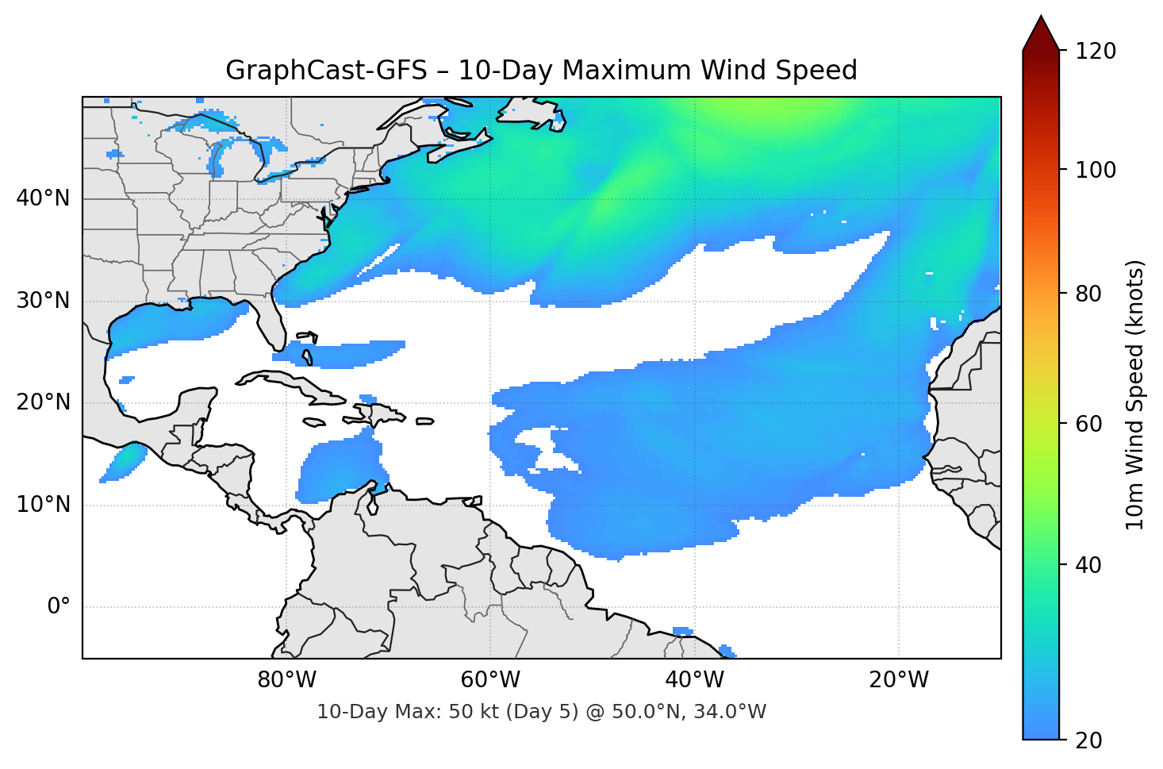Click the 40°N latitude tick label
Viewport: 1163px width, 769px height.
tap(43, 198)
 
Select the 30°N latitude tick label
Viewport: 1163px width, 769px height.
tap(43, 301)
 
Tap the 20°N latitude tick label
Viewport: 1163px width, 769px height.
tap(43, 402)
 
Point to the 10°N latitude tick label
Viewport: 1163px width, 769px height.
tap(43, 505)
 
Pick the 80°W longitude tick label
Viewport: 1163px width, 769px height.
tap(286, 680)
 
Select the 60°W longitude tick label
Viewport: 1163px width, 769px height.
tap(490, 680)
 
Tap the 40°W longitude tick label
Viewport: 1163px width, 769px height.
tap(695, 680)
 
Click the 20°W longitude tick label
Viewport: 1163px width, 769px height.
tap(899, 680)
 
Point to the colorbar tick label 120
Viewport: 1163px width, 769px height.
tap(1096, 52)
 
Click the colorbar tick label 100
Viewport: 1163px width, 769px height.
tap(1096, 170)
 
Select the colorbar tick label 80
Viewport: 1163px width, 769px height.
tap(1089, 294)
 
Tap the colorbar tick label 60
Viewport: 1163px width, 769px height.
tap(1089, 424)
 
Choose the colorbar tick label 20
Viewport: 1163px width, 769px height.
tap(1089, 740)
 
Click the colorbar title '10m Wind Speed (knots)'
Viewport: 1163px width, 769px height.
tap(1135, 394)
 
